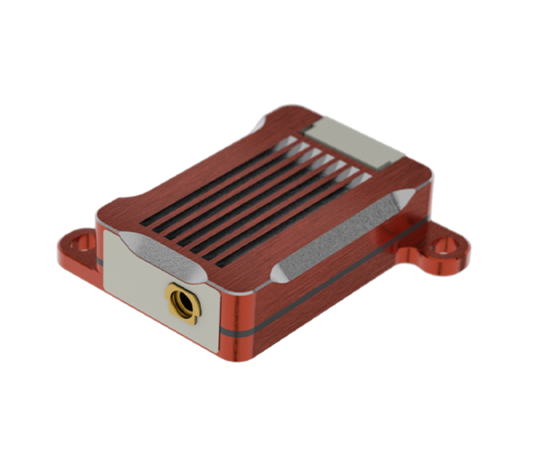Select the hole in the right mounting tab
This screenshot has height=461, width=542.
tap(443, 246)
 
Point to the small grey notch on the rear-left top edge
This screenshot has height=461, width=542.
tap(260, 124)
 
